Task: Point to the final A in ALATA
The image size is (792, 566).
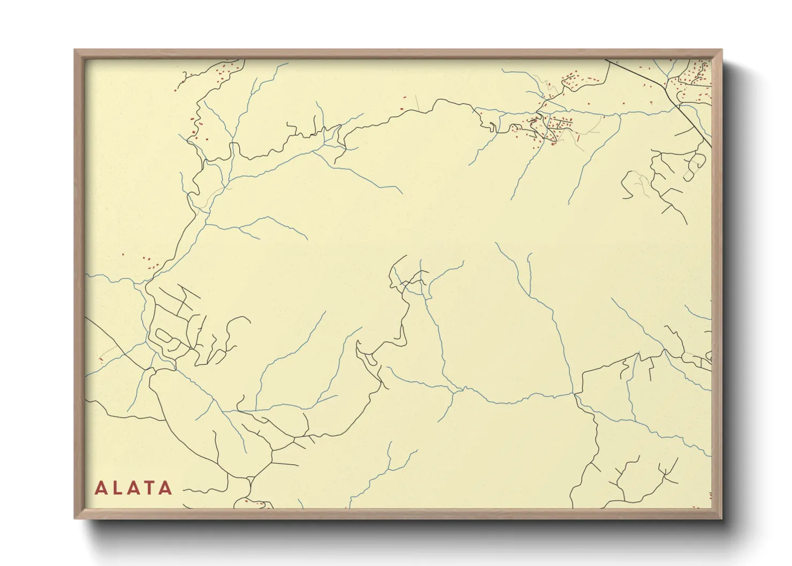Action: [x=165, y=488]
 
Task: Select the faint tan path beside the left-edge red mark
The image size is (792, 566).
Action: [x=110, y=350]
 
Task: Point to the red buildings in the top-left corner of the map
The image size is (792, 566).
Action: [x=225, y=70]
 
